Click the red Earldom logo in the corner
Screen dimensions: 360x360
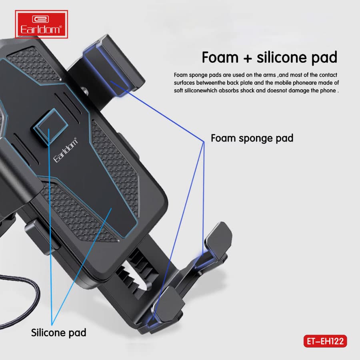tap(41, 24)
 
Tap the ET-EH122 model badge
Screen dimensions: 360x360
tap(325, 341)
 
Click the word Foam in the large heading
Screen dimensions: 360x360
tap(220, 57)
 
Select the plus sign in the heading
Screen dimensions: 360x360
tap(248, 58)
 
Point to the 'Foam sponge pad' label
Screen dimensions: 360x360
tap(252, 138)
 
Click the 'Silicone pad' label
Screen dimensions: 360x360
tap(58, 333)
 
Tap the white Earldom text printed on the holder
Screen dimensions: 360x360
tap(66, 150)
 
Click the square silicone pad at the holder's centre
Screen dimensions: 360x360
tap(50, 126)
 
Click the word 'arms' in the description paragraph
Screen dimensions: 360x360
tap(269, 75)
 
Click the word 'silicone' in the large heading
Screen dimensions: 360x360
tap(282, 57)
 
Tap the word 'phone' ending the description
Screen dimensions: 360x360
tap(328, 91)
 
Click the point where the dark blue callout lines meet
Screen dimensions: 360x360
tap(204, 142)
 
